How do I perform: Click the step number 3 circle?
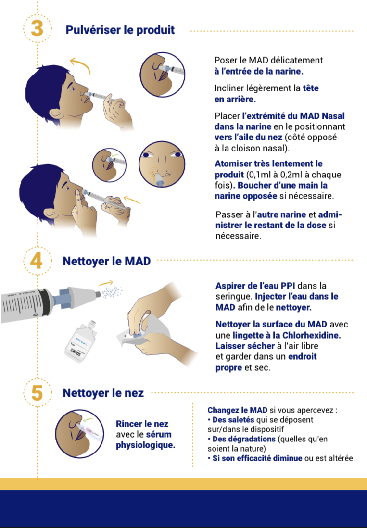tap(37, 29)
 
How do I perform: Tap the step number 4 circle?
tap(37, 261)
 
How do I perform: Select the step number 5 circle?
tap(37, 392)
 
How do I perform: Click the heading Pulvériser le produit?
tap(120, 30)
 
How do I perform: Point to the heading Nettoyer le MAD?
tap(107, 261)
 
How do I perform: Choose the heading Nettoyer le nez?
tap(103, 393)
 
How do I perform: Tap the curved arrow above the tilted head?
tap(81, 64)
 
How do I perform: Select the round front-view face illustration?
tap(162, 164)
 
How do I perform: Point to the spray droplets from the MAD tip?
tap(112, 292)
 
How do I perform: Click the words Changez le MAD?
tap(238, 410)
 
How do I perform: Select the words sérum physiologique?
tap(145, 440)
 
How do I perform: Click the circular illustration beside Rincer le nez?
tap(79, 434)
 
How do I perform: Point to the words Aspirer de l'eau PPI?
tap(255, 286)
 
